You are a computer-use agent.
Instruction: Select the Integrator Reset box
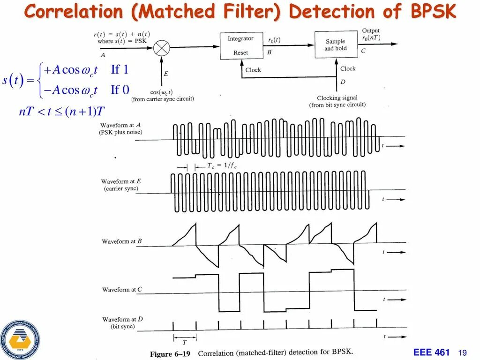click(x=240, y=46)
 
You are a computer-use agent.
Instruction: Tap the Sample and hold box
click(x=335, y=45)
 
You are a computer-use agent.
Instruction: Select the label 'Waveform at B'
click(x=122, y=241)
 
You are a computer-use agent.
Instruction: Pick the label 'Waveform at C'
click(x=122, y=290)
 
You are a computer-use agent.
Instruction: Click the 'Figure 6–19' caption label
click(x=170, y=354)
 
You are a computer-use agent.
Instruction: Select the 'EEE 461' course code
click(x=432, y=352)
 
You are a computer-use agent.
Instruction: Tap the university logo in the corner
click(x=20, y=339)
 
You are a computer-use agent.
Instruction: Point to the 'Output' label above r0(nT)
click(x=371, y=31)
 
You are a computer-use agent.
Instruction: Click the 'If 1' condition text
click(x=120, y=70)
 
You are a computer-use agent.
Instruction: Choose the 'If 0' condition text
click(x=120, y=90)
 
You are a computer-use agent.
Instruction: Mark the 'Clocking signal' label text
click(x=337, y=98)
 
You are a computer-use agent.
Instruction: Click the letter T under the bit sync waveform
click(x=185, y=342)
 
